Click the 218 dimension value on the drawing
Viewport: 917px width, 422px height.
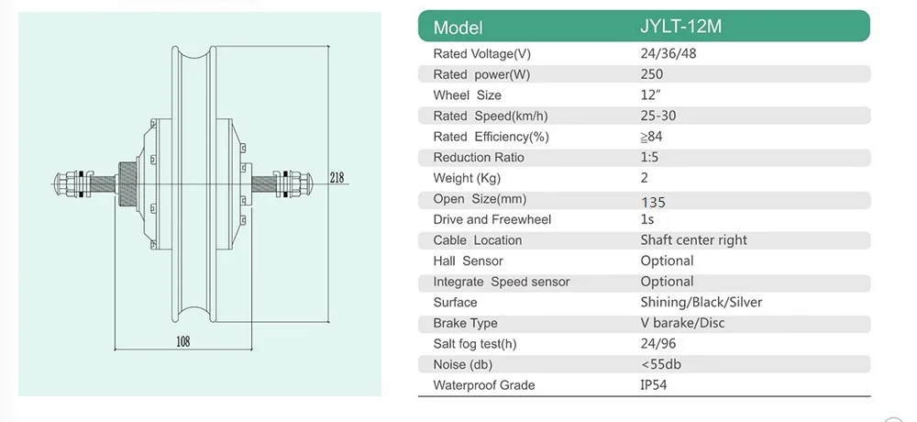tap(337, 177)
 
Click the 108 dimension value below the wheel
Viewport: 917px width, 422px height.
tap(183, 341)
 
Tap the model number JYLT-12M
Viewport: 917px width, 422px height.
tap(680, 27)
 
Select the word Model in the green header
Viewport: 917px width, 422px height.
tap(458, 27)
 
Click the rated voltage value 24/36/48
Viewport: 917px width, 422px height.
tap(668, 54)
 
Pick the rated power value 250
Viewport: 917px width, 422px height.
tap(651, 74)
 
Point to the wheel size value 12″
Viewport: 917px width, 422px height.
tap(650, 94)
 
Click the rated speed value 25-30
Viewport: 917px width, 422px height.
tap(658, 116)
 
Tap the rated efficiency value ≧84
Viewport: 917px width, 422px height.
tap(651, 137)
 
